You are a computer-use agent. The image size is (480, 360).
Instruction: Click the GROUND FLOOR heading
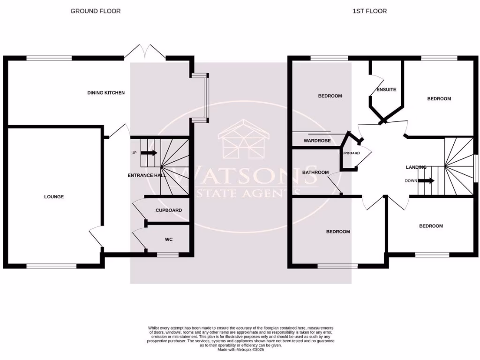coord(95,11)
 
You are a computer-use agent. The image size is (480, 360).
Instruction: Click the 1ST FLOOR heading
coord(369,11)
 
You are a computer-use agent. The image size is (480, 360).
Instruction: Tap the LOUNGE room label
coord(54,197)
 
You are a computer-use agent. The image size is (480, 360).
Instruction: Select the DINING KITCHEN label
coord(106,93)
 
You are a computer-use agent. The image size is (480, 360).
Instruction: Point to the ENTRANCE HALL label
coord(147,175)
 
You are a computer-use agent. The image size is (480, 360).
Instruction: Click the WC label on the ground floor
coord(169,240)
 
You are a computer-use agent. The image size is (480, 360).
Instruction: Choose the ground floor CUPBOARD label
coord(168,210)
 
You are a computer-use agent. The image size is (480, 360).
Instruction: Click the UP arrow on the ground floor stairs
coord(149,153)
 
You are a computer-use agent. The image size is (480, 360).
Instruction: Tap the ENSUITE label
coord(386,90)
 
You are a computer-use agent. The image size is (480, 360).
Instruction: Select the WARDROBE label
coord(317,141)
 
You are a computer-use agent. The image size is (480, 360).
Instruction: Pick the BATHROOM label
coord(315,172)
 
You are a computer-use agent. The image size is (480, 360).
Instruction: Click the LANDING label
coord(416,167)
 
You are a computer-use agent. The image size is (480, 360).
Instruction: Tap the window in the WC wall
coord(168,255)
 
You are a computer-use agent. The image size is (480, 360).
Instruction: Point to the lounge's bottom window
coord(51,266)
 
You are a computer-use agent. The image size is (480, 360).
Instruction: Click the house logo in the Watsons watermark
coord(243,140)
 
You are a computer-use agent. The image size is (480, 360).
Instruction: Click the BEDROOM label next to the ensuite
coord(439,99)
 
